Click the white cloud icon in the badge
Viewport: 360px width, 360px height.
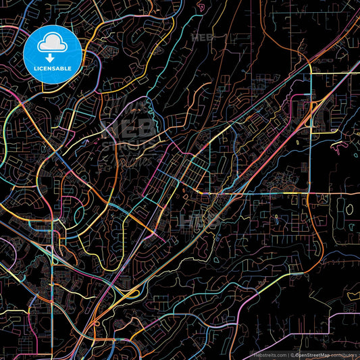point(53,45)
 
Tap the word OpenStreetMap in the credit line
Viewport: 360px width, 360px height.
point(313,354)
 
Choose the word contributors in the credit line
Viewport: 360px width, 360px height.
point(343,354)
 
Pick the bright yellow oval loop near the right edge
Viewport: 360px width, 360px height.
point(349,209)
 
